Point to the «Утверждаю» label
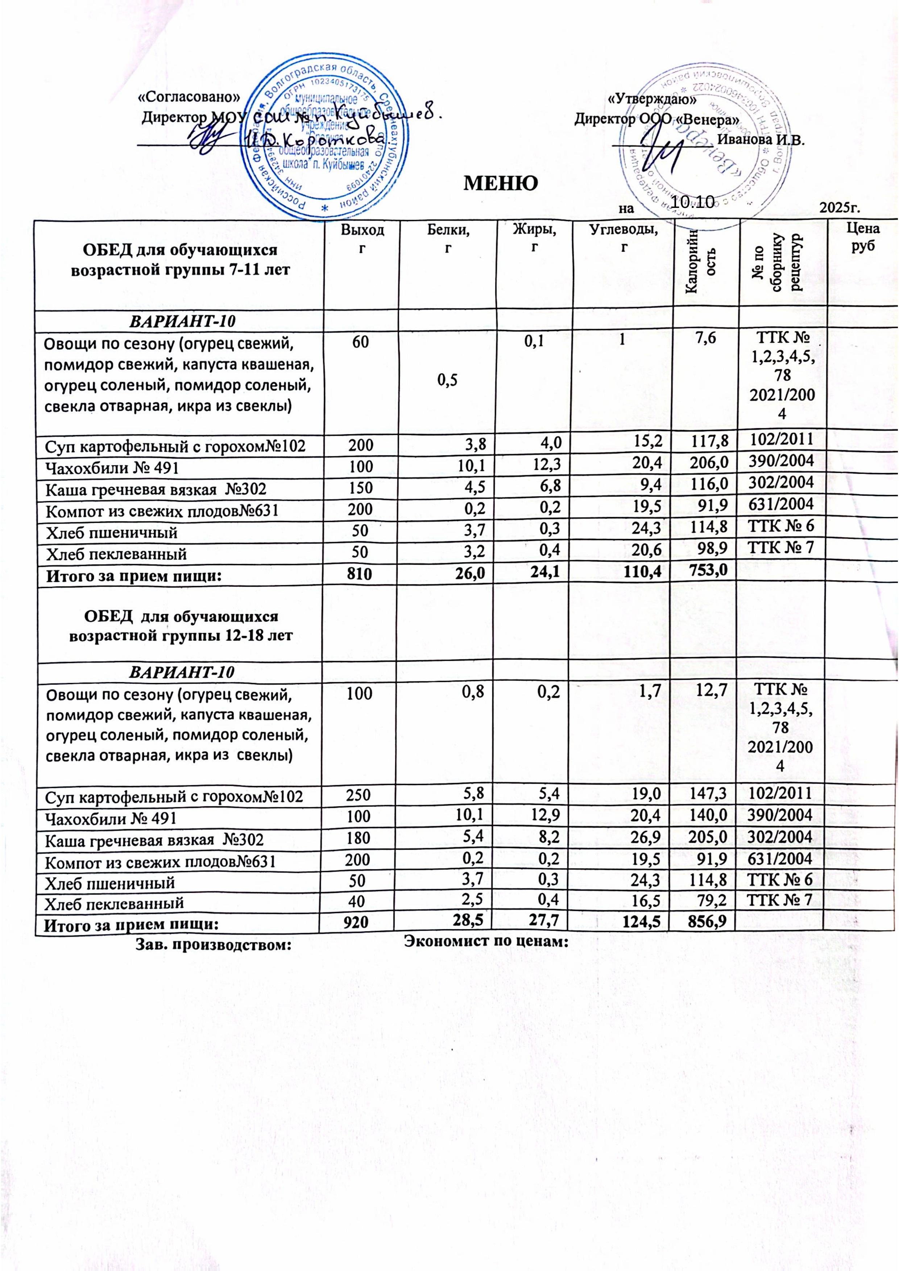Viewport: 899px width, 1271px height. (x=652, y=100)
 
